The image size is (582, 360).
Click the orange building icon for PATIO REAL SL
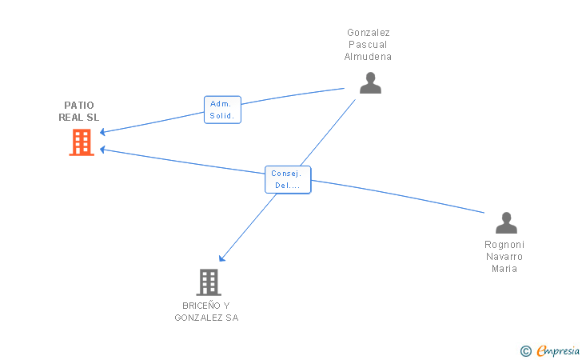pyautogui.click(x=82, y=142)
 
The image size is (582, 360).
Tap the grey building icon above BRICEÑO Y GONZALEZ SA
pyautogui.click(x=209, y=282)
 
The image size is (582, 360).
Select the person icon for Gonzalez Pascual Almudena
pyautogui.click(x=370, y=83)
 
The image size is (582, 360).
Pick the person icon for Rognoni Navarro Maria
pyautogui.click(x=506, y=223)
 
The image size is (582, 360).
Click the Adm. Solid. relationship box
pyautogui.click(x=222, y=110)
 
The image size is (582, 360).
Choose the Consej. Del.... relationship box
pyautogui.click(x=288, y=179)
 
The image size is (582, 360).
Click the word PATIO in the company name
pyautogui.click(x=79, y=106)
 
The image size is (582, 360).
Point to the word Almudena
pyautogui.click(x=368, y=57)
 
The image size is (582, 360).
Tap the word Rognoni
pyautogui.click(x=504, y=245)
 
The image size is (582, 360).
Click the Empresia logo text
pyautogui.click(x=558, y=350)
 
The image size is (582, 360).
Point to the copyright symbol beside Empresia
pyautogui.click(x=526, y=351)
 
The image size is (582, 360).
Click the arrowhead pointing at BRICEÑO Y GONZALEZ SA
pyautogui.click(x=221, y=258)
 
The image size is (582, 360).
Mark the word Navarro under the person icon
pyautogui.click(x=504, y=257)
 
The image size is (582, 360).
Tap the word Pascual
pyautogui.click(x=368, y=45)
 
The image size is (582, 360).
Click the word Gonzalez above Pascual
pyautogui.click(x=369, y=33)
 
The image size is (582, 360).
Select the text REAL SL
pyautogui.click(x=79, y=118)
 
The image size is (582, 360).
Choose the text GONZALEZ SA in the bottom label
pyautogui.click(x=206, y=318)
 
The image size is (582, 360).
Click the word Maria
pyautogui.click(x=504, y=269)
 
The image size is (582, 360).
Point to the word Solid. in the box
pyautogui.click(x=222, y=116)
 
